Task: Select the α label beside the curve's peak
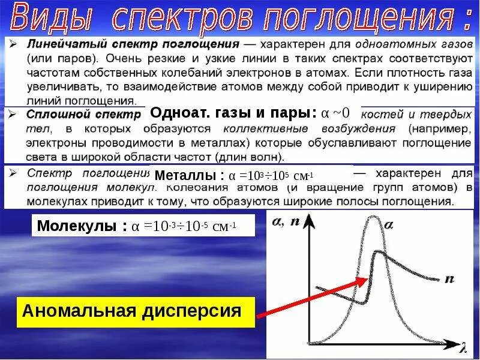pyautogui.click(x=389, y=226)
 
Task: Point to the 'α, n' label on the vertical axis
pyautogui.click(x=286, y=221)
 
